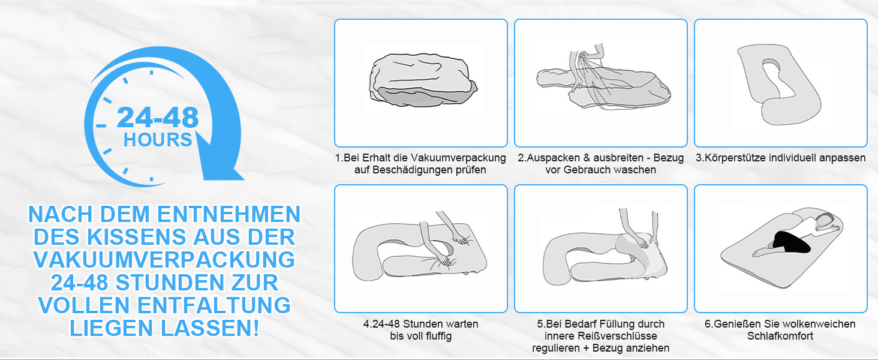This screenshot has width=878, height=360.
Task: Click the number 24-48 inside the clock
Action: (x=158, y=117)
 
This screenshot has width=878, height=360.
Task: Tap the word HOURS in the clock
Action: (x=158, y=140)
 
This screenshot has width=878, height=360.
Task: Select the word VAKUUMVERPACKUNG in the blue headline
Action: (x=164, y=260)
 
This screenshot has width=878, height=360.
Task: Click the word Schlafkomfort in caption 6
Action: (x=780, y=336)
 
